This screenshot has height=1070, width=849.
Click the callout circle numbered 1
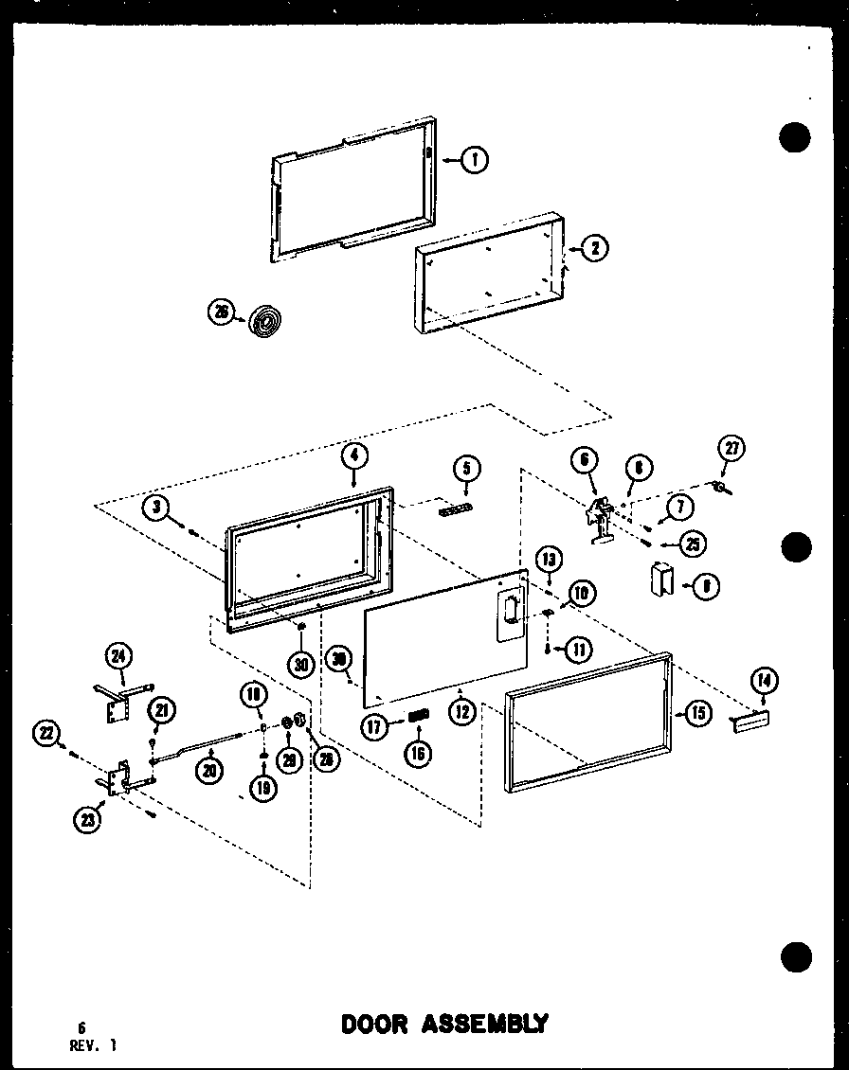pyautogui.click(x=474, y=160)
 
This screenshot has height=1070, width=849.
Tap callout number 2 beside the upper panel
pyautogui.click(x=594, y=248)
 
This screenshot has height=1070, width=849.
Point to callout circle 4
pyautogui.click(x=352, y=455)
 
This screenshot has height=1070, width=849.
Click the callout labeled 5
pyautogui.click(x=466, y=468)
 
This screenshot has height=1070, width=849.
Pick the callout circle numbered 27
pyautogui.click(x=732, y=448)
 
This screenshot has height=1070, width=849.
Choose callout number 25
pyautogui.click(x=694, y=544)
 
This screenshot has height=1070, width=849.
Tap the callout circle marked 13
pyautogui.click(x=549, y=557)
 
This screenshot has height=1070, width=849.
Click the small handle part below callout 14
pyautogui.click(x=749, y=722)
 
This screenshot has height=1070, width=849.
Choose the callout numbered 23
pyautogui.click(x=89, y=822)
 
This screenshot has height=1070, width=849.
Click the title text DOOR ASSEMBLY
pyautogui.click(x=443, y=1024)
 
